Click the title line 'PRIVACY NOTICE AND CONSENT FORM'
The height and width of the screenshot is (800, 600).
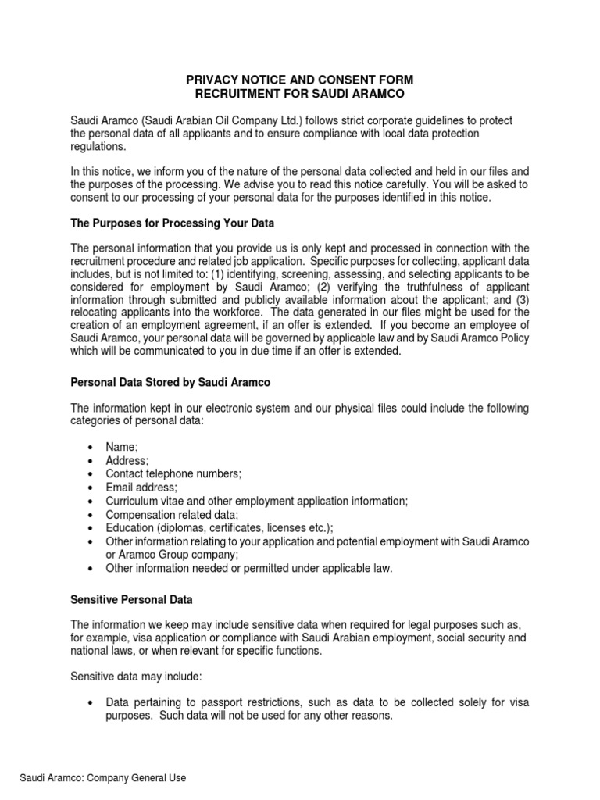[299, 80]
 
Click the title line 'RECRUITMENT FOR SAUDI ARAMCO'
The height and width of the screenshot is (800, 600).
[299, 94]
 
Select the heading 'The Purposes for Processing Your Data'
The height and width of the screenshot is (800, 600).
[173, 223]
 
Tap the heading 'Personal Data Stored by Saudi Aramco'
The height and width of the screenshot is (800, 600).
[171, 383]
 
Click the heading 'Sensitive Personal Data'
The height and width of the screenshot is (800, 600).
[131, 599]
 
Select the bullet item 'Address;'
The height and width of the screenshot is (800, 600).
[127, 460]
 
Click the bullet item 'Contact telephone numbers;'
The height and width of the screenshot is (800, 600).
[173, 473]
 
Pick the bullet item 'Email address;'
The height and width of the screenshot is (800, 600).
[141, 487]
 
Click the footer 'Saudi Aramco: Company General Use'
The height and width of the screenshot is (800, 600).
[103, 778]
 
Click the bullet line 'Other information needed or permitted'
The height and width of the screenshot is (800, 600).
[248, 569]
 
